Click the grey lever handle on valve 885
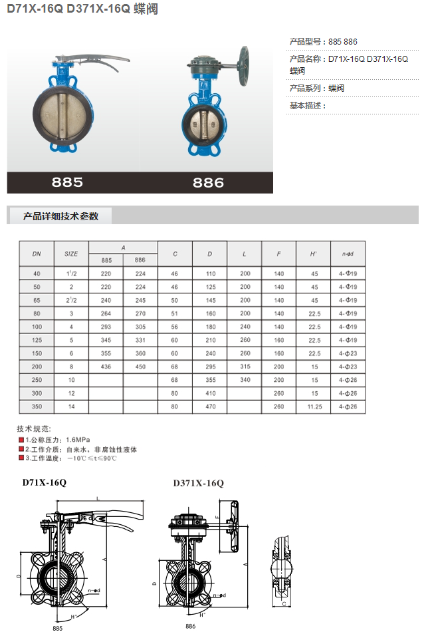click(x=98, y=61)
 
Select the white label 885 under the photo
click(x=67, y=182)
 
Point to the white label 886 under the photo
click(x=208, y=182)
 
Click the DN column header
click(x=37, y=254)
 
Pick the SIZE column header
click(x=71, y=254)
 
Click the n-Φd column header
click(x=348, y=254)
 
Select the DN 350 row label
click(x=37, y=406)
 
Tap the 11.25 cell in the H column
click(x=315, y=406)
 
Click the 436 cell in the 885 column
click(x=106, y=367)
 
